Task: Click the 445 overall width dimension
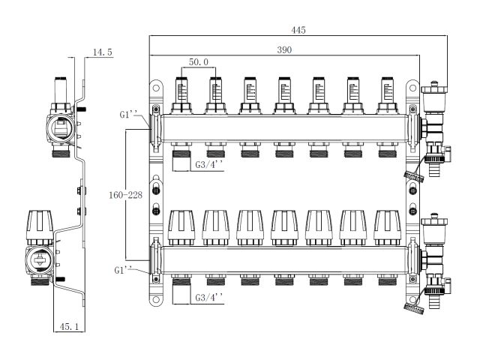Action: tap(299, 29)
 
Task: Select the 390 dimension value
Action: tap(282, 49)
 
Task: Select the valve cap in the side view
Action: tap(39, 223)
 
